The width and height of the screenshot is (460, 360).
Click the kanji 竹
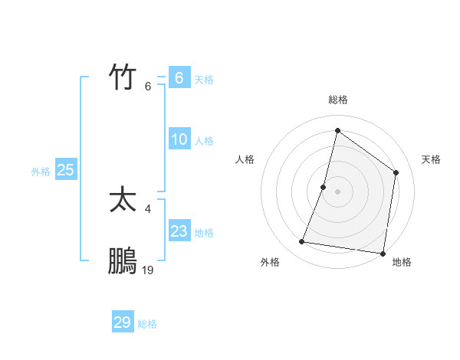123,77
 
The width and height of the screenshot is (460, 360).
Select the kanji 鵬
123,261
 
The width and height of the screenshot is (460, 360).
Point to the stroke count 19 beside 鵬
148,270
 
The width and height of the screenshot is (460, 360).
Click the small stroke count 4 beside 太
148,208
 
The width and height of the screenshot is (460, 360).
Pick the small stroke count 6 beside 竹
148,86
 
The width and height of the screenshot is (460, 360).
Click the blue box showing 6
179,77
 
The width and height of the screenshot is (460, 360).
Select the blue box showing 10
179,139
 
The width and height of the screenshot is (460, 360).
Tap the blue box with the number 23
179,231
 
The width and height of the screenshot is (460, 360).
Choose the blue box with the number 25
66,170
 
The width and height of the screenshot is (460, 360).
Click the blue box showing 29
123,322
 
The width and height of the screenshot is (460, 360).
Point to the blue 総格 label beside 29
147,324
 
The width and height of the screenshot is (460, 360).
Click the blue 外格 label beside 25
41,172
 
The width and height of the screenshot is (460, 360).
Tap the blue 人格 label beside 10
204,141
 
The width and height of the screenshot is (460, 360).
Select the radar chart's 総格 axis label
338,100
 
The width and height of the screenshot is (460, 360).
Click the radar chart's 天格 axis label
431,159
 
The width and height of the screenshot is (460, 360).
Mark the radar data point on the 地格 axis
383,253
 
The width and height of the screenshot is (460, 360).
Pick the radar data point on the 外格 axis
302,242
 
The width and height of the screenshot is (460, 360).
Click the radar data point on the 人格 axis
324,187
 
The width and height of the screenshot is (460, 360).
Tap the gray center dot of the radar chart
338,191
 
